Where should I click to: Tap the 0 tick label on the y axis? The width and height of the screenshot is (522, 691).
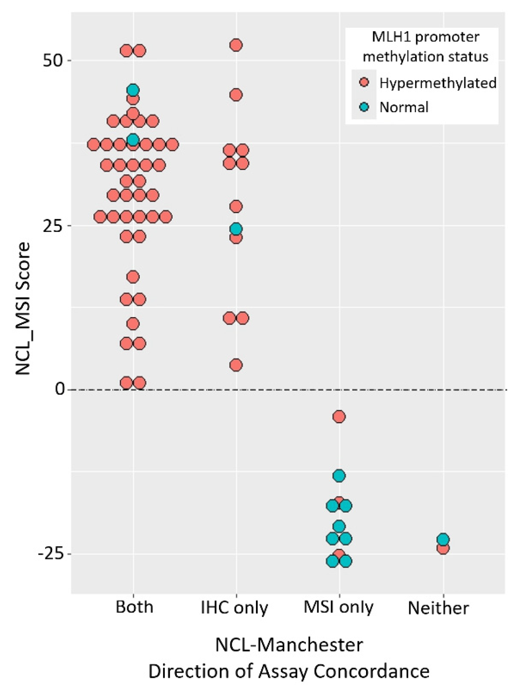(60, 389)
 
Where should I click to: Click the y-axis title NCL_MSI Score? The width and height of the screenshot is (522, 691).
(23, 309)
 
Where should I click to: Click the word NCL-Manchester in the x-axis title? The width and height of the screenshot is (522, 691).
(289, 645)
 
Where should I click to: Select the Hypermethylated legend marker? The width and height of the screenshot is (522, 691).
(364, 82)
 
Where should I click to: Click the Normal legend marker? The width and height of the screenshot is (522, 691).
(364, 107)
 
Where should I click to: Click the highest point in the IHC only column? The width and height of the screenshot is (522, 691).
(236, 45)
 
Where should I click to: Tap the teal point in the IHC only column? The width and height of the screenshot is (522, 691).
(236, 228)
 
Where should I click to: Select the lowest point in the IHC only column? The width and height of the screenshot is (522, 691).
(236, 365)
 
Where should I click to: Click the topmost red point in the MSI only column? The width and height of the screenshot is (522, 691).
(339, 416)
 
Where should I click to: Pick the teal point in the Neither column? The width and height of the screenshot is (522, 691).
(443, 539)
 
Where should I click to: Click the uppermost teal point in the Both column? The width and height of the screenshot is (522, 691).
(133, 90)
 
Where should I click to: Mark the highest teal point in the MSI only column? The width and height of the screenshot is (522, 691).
(339, 475)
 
